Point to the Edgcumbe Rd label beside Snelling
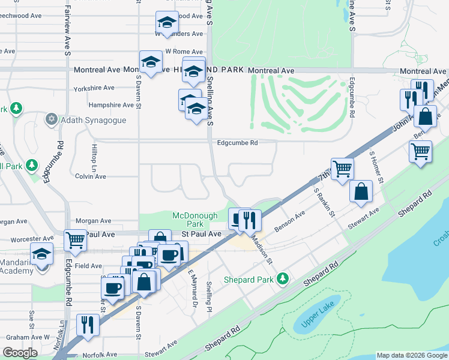coord(238,143)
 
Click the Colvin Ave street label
coord(90,176)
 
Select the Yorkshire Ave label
coord(94,88)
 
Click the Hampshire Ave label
coord(111,104)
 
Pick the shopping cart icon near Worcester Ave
coord(75,240)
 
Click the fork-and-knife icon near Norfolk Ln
coord(89,324)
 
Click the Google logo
coord(20,353)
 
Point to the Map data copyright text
coord(412,355)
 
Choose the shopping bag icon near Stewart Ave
coord(361,191)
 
